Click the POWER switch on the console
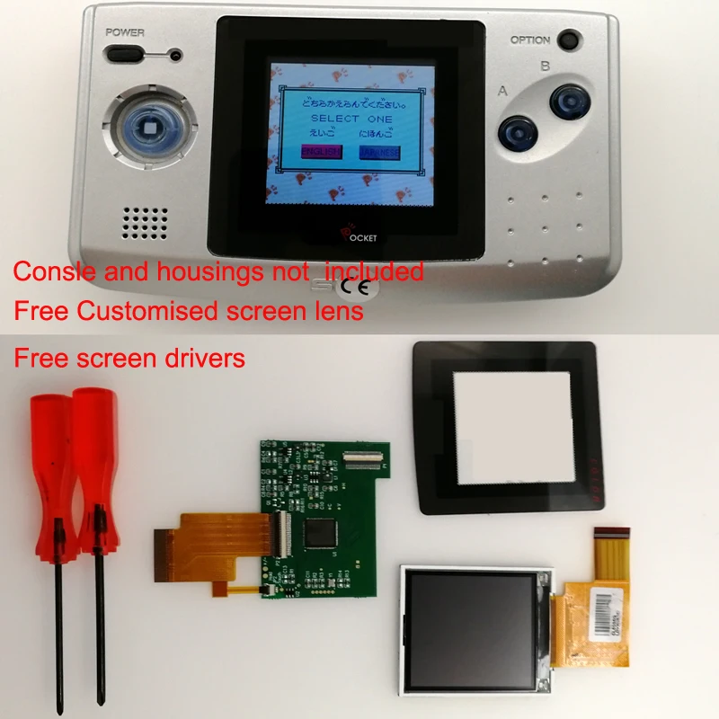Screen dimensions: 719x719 [x=125, y=54]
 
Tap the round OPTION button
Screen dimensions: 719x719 [x=568, y=40]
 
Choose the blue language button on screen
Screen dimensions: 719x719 [x=378, y=152]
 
